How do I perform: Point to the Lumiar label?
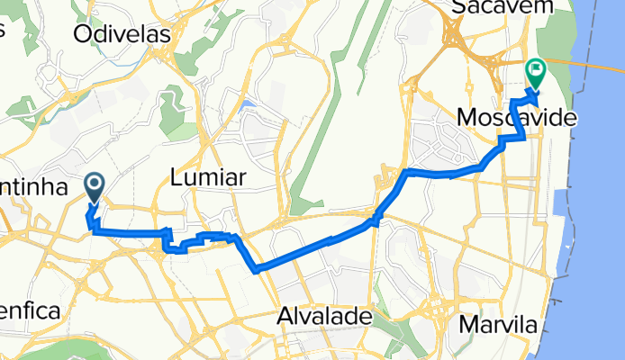[x=208, y=178]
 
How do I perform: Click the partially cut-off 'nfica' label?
[x=29, y=311]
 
